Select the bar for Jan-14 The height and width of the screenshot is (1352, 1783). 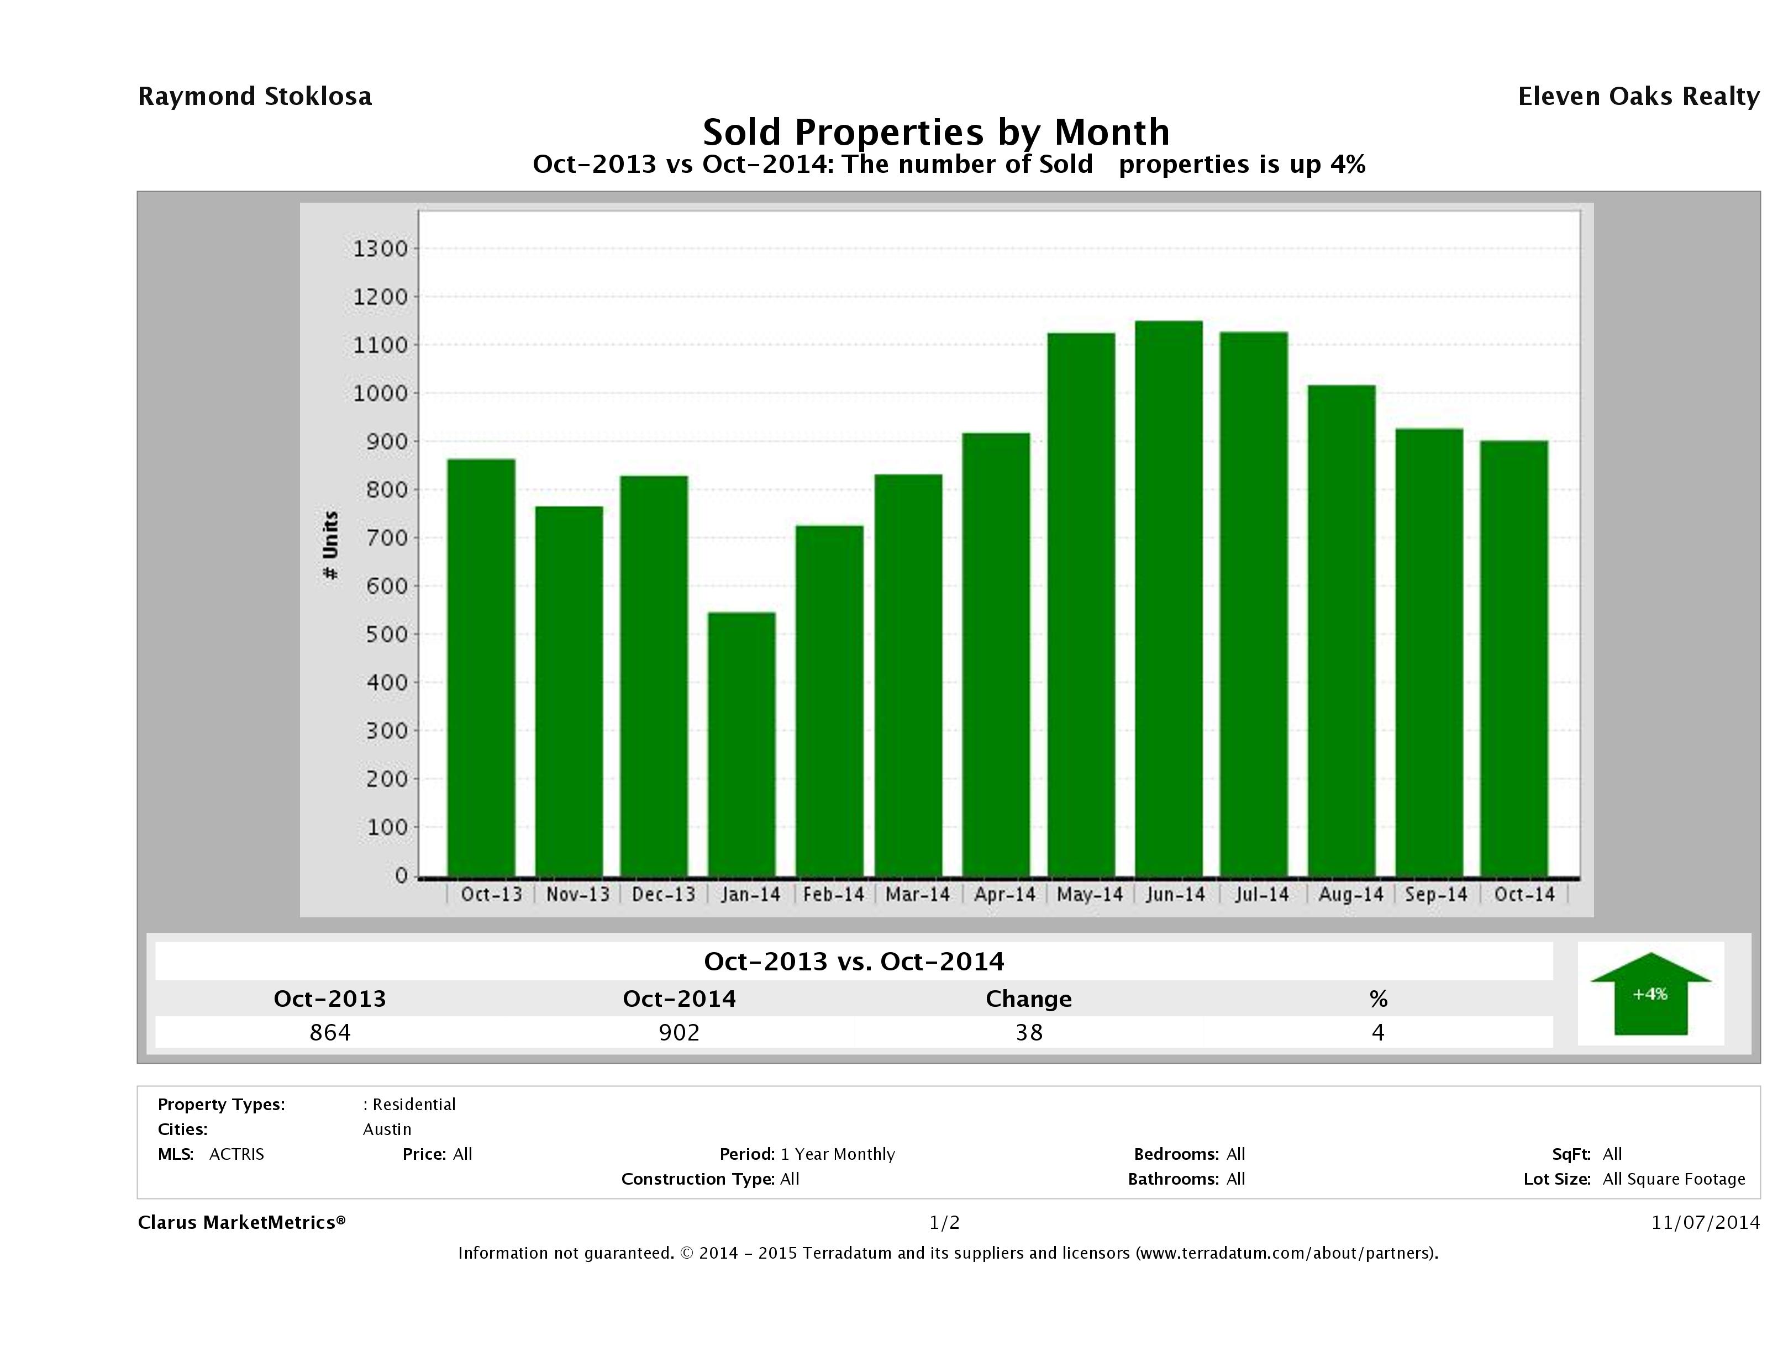741,744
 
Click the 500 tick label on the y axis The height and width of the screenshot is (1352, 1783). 381,634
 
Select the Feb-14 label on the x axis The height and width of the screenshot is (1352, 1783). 833,894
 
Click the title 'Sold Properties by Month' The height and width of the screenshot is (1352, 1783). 936,131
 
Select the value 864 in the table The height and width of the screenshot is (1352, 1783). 330,1032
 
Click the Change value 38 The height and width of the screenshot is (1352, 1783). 1029,1032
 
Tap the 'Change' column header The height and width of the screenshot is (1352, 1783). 1029,999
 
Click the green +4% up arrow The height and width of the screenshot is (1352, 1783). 1650,994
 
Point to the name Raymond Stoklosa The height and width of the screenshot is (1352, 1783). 255,97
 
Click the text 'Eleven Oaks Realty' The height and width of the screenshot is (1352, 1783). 1638,97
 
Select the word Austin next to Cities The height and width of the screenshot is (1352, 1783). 387,1129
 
